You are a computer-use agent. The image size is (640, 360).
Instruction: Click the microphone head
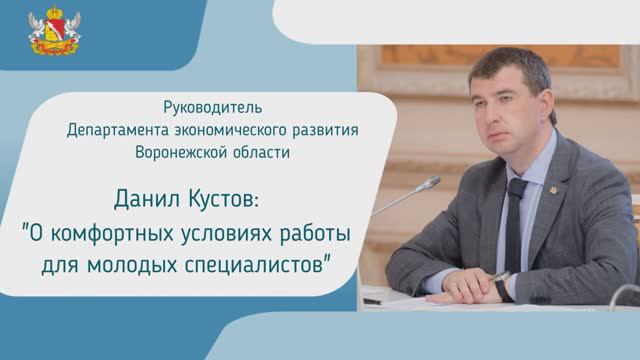tap(433, 183)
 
